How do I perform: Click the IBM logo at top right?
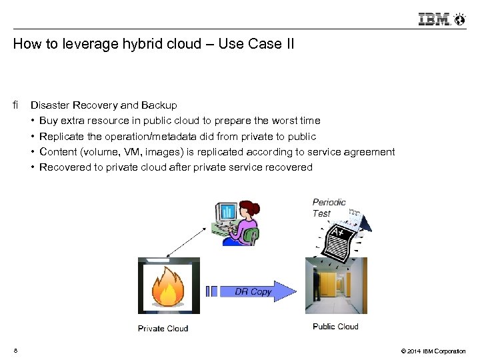pos(434,19)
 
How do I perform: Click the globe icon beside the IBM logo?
pos(459,19)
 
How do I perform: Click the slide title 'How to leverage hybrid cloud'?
pos(153,45)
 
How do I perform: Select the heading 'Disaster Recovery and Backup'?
pos(104,105)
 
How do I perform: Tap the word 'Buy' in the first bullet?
pos(49,121)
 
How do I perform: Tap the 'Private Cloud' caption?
pos(163,328)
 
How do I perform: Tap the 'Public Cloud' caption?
pos(335,327)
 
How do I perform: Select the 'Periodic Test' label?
pos(329,207)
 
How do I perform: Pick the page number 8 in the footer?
pos(15,351)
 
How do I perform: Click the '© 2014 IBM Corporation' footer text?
pos(433,351)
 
